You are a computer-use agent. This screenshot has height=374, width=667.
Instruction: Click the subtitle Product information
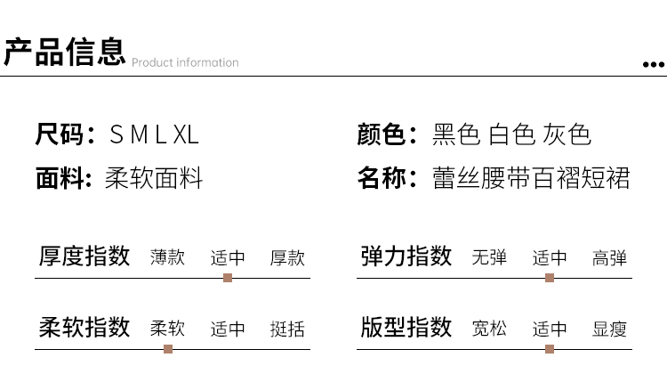point(185,62)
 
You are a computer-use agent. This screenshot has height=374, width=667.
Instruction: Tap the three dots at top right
point(653,65)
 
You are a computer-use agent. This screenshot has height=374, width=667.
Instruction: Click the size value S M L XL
point(154,135)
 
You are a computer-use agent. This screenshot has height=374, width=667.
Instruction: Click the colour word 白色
point(511,135)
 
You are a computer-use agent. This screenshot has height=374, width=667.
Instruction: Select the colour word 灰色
point(567,135)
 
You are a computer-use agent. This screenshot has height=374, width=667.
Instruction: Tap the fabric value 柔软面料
point(154,178)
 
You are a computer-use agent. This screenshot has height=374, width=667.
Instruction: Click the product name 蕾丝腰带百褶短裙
point(531,178)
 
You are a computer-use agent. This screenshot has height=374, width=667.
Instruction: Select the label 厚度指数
point(84,256)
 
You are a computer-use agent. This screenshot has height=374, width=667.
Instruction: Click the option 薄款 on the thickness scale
point(168,258)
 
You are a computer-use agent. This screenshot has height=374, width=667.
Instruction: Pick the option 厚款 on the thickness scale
point(287,258)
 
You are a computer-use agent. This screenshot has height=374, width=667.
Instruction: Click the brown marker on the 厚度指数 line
point(228,278)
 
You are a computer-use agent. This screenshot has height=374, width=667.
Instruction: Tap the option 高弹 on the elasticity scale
point(609,258)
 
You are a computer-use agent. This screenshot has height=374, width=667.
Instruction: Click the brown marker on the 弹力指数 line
point(550,278)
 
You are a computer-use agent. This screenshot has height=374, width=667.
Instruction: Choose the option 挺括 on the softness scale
point(287,329)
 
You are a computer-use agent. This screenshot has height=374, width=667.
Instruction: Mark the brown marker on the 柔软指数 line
point(168,348)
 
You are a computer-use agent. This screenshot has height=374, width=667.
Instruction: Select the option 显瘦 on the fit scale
point(609,329)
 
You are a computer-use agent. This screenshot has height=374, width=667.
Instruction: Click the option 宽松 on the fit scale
point(490,329)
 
